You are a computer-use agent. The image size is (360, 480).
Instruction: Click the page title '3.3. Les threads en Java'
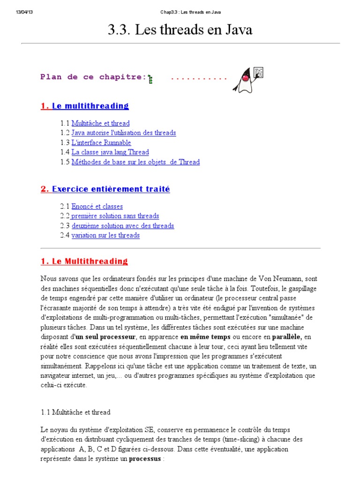pos(180,30)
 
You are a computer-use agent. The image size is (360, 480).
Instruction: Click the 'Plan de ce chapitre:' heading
pos(93,77)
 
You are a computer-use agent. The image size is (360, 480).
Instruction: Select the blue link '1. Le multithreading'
pos(84,106)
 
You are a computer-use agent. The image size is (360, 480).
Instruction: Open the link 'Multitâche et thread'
pos(100,123)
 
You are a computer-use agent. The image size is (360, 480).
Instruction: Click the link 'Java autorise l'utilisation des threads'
pos(124,133)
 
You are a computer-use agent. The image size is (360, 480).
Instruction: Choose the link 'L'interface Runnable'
pos(101,142)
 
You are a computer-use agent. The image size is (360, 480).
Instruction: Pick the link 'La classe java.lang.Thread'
pos(110,152)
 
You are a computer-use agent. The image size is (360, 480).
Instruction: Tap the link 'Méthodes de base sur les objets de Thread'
pos(135,162)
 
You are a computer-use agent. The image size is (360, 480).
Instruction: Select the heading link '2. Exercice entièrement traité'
pos(105,189)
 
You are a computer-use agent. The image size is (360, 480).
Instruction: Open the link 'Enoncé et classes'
pos(97,206)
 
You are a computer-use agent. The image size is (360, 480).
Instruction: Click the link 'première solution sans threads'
pos(115,216)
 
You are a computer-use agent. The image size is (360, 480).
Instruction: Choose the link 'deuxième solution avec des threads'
pos(123,225)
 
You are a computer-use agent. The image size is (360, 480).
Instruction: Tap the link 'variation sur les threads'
pos(105,235)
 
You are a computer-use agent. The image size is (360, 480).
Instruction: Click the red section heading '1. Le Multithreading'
pos(84,261)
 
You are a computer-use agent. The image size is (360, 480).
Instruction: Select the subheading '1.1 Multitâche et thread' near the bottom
pos(75,412)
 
